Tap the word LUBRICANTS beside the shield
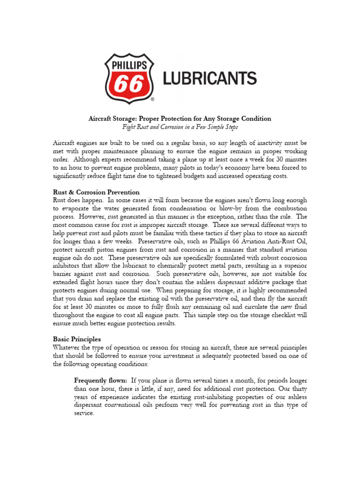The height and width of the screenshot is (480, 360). (x=210, y=77)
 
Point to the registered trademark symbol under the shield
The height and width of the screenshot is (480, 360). (x=152, y=100)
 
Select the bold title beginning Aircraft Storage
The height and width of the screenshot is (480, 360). (x=180, y=119)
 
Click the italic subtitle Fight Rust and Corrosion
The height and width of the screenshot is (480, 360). (x=180, y=127)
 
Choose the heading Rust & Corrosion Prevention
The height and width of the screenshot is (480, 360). (x=96, y=192)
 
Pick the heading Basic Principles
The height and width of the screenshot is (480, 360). (x=77, y=339)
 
